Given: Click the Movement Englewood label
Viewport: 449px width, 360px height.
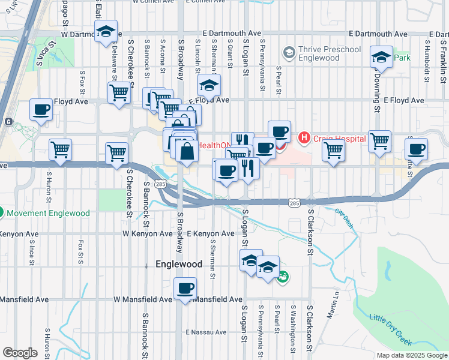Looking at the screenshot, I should pyautogui.click(x=47, y=213).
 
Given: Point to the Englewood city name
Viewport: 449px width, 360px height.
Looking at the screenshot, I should pyautogui.click(x=179, y=264).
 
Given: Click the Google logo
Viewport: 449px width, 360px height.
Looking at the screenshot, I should pyautogui.click(x=20, y=353).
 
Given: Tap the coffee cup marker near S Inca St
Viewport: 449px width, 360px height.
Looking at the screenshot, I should pyautogui.click(x=41, y=110).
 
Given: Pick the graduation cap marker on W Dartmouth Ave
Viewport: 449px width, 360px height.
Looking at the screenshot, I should pyautogui.click(x=106, y=34).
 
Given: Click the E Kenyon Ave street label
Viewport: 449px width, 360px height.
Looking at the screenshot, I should pyautogui.click(x=210, y=233).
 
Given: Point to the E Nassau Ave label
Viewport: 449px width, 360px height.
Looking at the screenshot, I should pyautogui.click(x=206, y=332).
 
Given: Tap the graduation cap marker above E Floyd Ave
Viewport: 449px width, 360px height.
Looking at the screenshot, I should pyautogui.click(x=209, y=85).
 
